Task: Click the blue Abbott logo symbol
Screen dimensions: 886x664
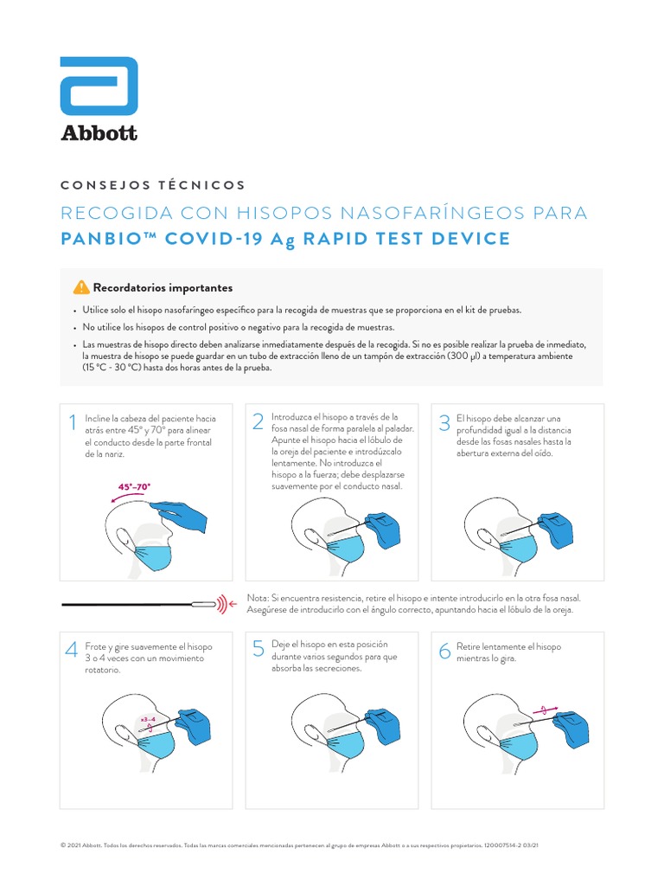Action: [99, 87]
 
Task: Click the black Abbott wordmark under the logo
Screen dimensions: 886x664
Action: [99, 132]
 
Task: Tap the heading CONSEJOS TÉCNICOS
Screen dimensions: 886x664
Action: [153, 185]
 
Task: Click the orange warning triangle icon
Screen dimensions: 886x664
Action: [81, 287]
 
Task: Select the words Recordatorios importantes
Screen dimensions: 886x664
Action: [163, 288]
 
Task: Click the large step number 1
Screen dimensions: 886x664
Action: [73, 422]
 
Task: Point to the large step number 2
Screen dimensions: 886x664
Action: [258, 421]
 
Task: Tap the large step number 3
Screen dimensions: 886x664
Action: [444, 422]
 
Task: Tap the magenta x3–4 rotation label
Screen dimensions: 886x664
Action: [147, 719]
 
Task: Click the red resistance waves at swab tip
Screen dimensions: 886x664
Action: [227, 604]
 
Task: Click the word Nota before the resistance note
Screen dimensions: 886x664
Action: [258, 598]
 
